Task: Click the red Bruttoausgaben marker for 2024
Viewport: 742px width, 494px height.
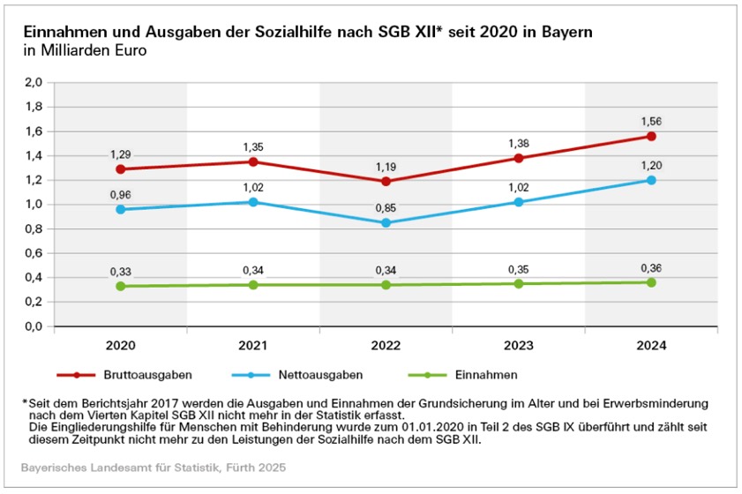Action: click(651, 137)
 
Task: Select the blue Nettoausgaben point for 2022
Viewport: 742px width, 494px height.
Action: click(386, 223)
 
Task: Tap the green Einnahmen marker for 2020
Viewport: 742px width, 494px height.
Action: click(120, 286)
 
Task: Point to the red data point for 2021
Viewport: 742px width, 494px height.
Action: click(253, 161)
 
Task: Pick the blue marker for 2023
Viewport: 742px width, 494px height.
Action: click(519, 202)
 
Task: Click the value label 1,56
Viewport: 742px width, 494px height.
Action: click(651, 121)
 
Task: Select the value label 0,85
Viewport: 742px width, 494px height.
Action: click(386, 207)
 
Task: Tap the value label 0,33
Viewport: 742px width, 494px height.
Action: click(120, 271)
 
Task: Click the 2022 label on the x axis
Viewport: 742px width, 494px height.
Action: click(386, 347)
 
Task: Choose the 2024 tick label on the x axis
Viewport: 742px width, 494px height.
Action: click(651, 347)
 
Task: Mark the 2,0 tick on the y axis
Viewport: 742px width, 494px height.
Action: click(34, 83)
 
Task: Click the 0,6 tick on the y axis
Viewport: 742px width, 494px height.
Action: click(34, 253)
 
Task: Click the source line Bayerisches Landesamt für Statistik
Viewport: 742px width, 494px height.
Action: click(153, 465)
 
